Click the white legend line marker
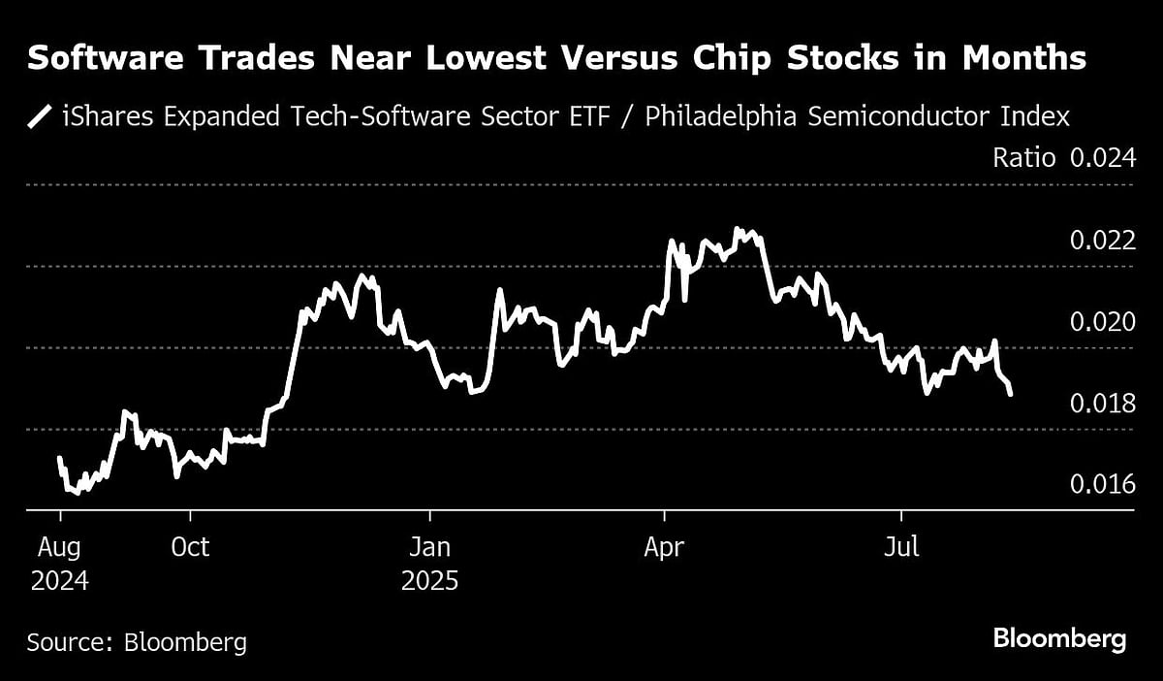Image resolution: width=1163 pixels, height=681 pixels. tap(41, 117)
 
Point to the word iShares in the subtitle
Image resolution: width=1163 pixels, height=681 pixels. tap(103, 117)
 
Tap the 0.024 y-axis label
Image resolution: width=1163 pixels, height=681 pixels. tap(1102, 158)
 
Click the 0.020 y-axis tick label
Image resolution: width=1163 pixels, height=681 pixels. tap(1102, 322)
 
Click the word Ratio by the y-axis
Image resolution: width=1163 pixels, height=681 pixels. tap(1023, 158)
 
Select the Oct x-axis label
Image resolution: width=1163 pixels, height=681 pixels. tap(190, 547)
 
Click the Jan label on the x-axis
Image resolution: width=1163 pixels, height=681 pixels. tap(429, 547)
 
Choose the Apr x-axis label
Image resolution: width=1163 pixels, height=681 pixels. tap(665, 547)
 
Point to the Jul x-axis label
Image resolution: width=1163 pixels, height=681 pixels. tap(902, 547)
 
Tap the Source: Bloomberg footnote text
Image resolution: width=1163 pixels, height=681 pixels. tap(137, 641)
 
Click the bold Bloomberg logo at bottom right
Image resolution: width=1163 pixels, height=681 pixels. tap(1059, 639)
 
